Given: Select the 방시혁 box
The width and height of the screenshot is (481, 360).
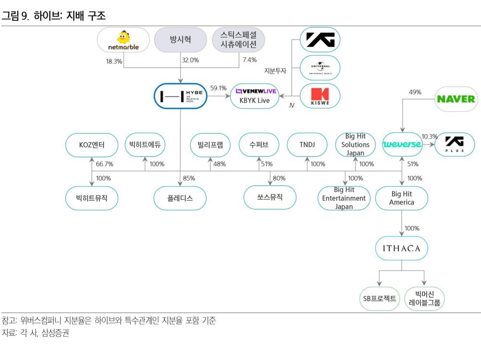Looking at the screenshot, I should tap(180, 40).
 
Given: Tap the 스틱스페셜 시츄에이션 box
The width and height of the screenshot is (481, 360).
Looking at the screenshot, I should tap(238, 40).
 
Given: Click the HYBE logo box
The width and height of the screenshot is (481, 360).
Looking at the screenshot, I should tap(180, 96).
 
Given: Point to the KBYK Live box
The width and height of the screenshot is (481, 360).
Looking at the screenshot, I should tap(254, 96).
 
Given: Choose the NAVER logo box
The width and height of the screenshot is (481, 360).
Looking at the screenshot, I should tap(455, 100).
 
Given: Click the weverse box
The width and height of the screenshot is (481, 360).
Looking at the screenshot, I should tap(402, 144).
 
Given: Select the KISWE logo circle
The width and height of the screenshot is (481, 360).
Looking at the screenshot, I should tap(320, 96).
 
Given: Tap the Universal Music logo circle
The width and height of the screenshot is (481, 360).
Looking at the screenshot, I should tap(320, 68).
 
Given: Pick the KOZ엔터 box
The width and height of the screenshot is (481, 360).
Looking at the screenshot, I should tap(91, 144).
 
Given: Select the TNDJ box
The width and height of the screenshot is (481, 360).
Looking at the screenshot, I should tap(307, 144).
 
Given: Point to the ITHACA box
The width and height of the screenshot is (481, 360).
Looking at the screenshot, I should tap(402, 249).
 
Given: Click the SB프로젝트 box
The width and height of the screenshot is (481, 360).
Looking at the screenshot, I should tap(380, 298).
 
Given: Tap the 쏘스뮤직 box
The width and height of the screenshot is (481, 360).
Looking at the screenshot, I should tap(270, 197).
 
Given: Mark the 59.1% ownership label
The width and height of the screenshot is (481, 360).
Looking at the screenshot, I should tap(218, 88).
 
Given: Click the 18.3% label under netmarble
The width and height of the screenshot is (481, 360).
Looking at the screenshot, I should tap(114, 61).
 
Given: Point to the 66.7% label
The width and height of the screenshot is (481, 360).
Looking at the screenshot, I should tap(104, 164).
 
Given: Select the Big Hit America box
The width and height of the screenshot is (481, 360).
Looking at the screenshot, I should tap(402, 198).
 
